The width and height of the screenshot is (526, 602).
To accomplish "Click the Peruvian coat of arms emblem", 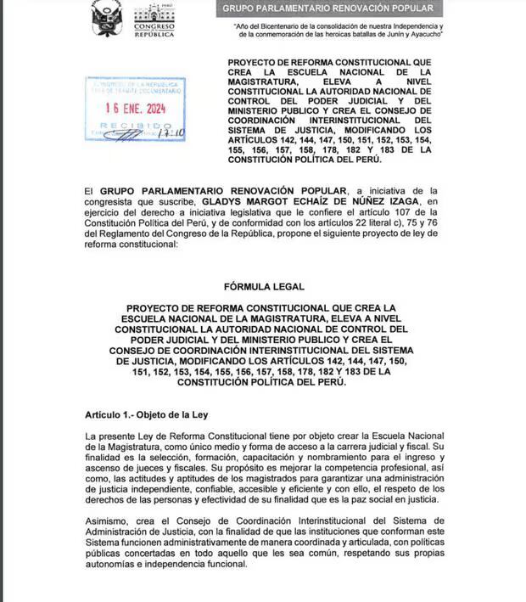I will (107, 18).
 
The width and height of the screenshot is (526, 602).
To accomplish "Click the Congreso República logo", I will (154, 20).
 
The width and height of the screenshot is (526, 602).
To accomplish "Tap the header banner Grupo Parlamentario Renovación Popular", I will (333, 8).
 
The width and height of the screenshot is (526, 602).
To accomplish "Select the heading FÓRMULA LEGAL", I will (262, 287).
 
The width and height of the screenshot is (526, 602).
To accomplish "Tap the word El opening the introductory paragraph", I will (88, 190).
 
